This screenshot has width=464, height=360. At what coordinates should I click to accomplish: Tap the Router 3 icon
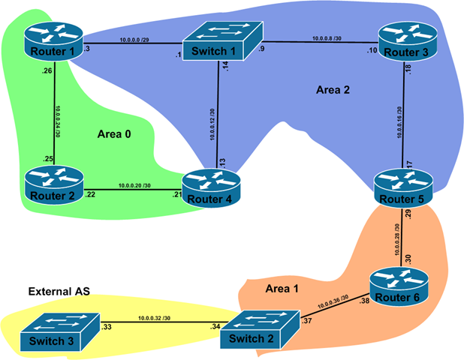click(405, 42)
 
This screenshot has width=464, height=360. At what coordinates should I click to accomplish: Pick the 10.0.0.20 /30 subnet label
click(135, 184)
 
